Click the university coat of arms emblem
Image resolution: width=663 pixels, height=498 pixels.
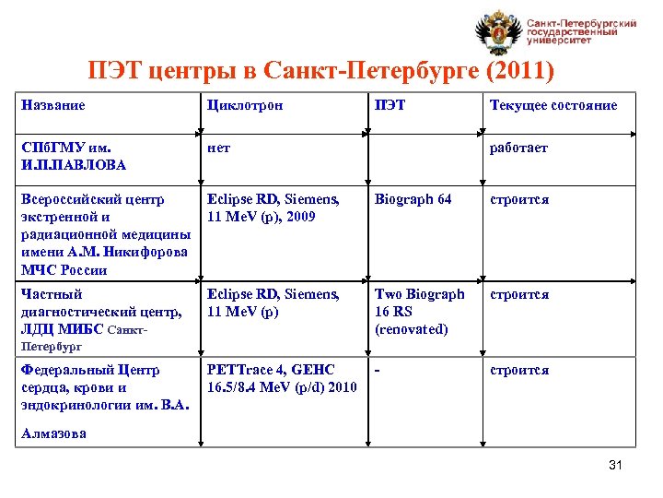pos(498,34)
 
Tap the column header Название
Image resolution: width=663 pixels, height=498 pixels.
pos(53,105)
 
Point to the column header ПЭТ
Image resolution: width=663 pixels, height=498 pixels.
pos(390,105)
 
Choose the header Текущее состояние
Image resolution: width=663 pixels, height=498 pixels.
pos(553,105)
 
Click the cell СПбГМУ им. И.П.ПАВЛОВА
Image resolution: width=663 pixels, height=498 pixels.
pos(74,156)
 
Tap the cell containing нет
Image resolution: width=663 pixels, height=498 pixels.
pos(219,148)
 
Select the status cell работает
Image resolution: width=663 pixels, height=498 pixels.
pos(519,148)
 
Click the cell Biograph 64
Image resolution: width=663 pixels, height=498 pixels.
pos(413,199)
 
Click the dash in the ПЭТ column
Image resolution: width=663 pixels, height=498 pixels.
pos(377,370)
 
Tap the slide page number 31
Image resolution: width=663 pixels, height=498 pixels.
pos(616,465)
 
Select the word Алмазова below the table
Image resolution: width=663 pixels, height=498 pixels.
pos(53,433)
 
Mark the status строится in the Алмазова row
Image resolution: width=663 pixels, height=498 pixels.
pos(519,370)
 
